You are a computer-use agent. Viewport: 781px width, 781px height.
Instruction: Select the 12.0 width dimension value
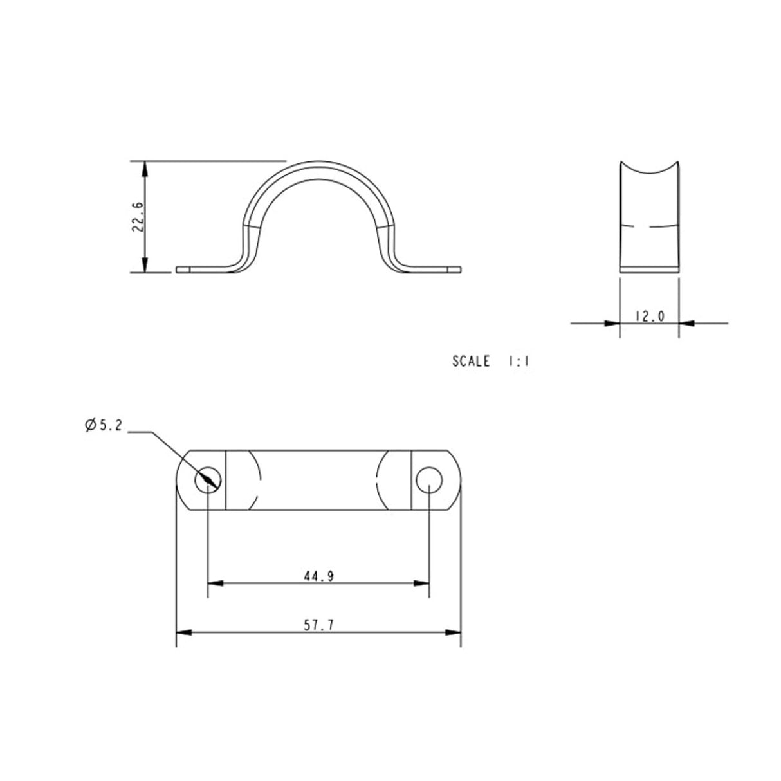[648, 316]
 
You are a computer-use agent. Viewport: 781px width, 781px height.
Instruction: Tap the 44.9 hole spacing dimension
[318, 576]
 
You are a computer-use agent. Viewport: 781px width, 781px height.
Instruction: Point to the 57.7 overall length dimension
[318, 625]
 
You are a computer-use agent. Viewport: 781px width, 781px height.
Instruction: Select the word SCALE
[471, 361]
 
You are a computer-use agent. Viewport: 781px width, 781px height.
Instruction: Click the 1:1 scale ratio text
[518, 361]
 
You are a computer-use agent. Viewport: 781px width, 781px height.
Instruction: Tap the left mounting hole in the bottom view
[208, 479]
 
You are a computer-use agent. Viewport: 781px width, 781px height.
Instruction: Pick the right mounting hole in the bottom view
[429, 479]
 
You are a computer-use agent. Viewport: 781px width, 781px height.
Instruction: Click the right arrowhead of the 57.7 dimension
[454, 633]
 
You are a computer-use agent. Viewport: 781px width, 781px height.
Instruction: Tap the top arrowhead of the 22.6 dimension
[146, 169]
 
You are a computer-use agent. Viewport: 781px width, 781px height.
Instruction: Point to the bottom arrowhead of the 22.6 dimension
[146, 264]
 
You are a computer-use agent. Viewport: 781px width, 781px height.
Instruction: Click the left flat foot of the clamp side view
[199, 270]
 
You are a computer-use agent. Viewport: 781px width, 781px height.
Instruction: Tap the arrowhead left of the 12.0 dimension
[612, 323]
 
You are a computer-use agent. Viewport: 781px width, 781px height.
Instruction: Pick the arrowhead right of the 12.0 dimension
[686, 323]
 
